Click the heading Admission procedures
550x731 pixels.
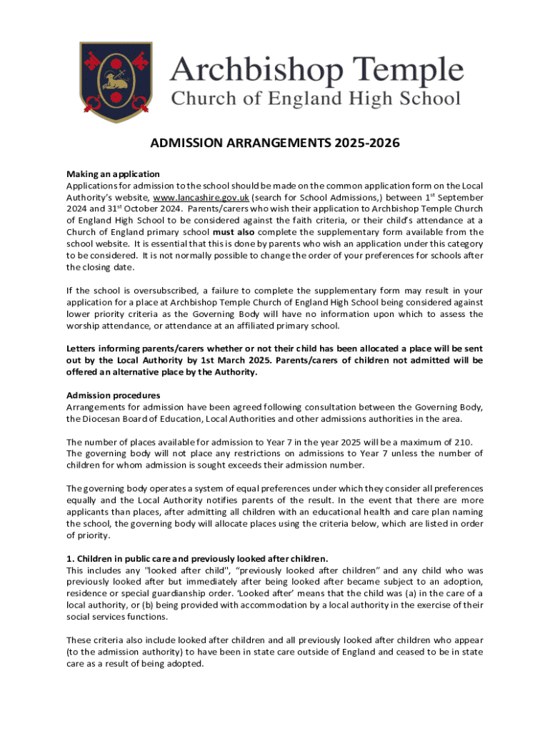[x=113, y=395]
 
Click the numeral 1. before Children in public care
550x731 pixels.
[x=69, y=558]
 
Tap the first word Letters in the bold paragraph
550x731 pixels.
[x=81, y=348]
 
